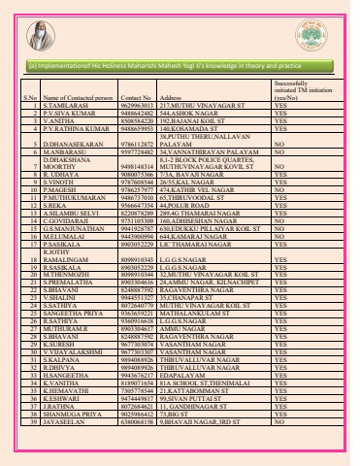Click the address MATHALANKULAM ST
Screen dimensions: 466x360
point(194,342)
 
